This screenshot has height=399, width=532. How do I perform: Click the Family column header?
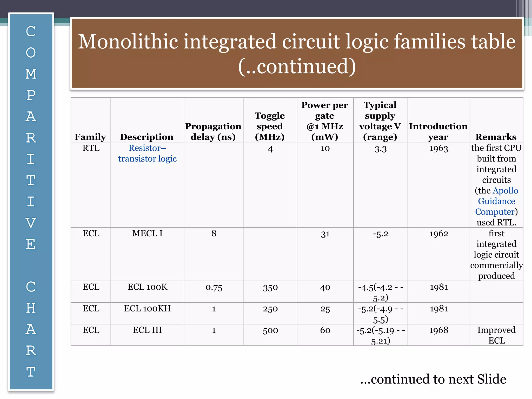(90, 137)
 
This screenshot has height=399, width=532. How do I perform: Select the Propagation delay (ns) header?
(213, 131)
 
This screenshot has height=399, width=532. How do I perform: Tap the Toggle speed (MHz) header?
(270, 126)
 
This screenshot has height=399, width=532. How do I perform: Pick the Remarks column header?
(496, 137)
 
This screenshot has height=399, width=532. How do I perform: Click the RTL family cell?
(91, 148)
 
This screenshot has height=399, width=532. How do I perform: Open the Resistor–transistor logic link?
(147, 153)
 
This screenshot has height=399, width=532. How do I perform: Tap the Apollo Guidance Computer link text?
(496, 201)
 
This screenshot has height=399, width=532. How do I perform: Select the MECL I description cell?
(147, 234)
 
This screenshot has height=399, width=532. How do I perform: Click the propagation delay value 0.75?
(214, 287)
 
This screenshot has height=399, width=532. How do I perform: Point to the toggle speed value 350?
(270, 287)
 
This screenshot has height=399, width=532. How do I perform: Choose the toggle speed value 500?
(270, 330)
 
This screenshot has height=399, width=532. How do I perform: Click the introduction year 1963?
(438, 148)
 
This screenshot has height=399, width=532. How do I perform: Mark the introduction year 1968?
(438, 330)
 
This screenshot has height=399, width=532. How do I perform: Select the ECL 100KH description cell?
(147, 309)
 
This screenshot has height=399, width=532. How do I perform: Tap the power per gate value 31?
(325, 234)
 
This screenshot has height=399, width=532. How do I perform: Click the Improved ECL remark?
(496, 335)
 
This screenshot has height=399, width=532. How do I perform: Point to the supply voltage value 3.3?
(380, 149)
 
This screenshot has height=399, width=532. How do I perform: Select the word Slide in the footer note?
(491, 379)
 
